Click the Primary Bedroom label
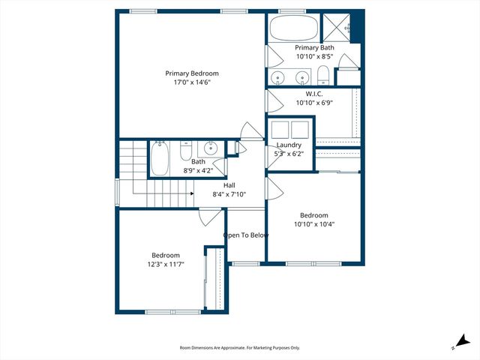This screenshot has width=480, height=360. pos(193,73)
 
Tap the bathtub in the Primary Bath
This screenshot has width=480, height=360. pos(293,30)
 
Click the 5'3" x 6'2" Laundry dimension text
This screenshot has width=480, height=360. pos(289,153)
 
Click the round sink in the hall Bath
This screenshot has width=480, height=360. pos(212,148)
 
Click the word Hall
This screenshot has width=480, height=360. pos(229,184)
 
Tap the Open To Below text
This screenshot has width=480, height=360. pos(245,235)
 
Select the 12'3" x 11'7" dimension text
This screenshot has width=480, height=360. pos(165,264)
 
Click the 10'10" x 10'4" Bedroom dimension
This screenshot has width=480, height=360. pos(313,223)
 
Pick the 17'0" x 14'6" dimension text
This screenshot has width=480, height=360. pos(193,82)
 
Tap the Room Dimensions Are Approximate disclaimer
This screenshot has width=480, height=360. pos(240,348)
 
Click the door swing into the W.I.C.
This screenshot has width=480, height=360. pos(274,100)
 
